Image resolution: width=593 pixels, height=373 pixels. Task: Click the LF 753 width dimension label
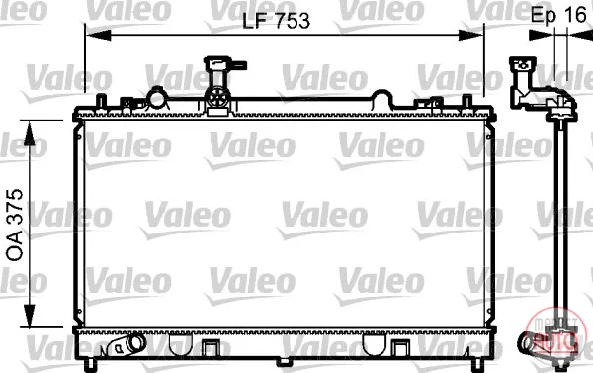276,21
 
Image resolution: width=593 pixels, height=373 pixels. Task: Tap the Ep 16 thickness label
558,15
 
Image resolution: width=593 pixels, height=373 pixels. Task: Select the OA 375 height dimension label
15,225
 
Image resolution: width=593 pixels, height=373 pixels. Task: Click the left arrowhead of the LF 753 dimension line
98,36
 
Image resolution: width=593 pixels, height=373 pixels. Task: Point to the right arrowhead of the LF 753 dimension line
470,36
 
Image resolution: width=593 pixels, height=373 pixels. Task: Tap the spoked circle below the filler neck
217,98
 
